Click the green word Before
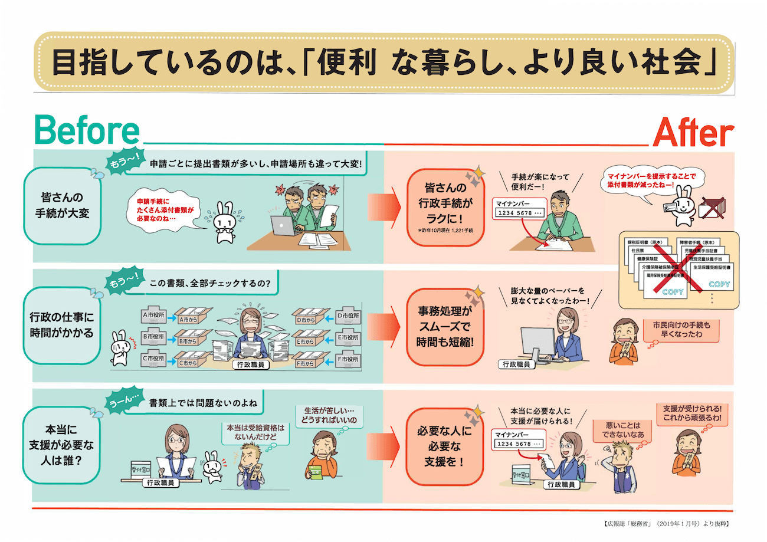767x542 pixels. (88, 132)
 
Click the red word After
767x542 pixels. (693, 133)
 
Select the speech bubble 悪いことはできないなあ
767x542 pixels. (616, 430)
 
